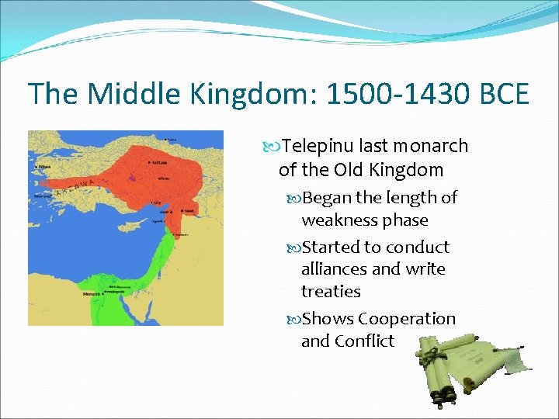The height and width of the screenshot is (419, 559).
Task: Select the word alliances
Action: [334, 269]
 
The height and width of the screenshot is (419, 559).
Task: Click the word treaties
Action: [331, 292]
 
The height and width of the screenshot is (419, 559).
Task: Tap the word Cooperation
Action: [407, 319]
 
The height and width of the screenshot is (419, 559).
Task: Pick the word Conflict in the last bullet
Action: [365, 341]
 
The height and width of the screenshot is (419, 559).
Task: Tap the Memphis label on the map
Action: [92, 295]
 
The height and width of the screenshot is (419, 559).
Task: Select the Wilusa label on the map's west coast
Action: [45, 165]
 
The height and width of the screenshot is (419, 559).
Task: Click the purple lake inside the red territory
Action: [136, 179]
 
